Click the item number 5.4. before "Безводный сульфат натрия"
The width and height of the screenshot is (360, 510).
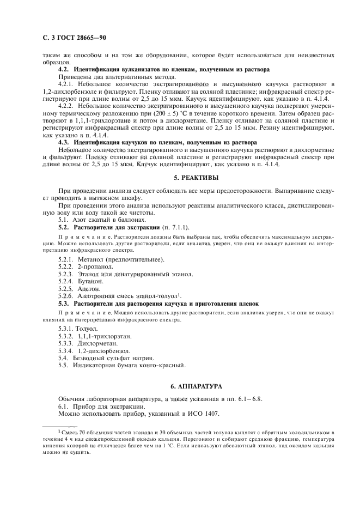64,358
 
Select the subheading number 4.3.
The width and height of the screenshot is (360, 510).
64,142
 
